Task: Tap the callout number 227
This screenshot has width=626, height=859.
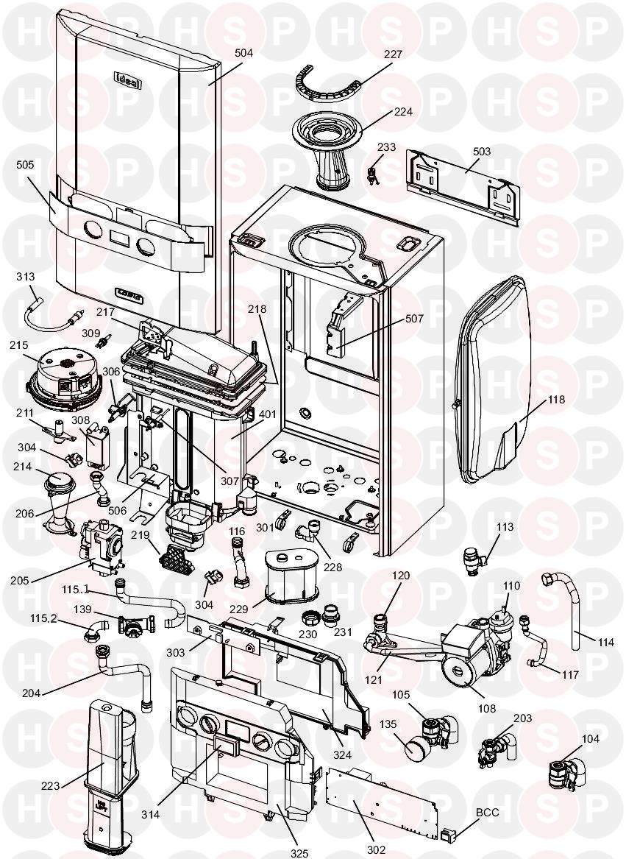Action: coord(394,54)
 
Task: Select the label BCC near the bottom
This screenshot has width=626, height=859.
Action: coord(488,812)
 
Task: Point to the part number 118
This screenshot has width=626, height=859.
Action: coord(556,400)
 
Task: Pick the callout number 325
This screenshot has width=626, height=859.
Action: coord(299,853)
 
